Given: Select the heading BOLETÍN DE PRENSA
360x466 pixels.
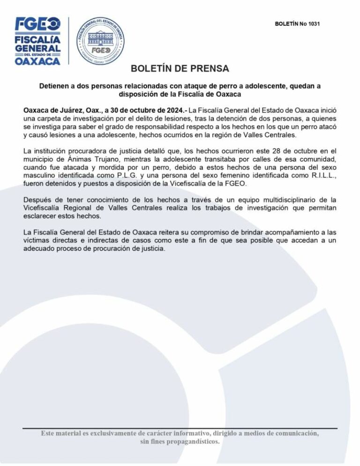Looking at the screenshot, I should (180, 69).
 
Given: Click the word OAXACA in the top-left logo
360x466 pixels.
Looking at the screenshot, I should (38, 61).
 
